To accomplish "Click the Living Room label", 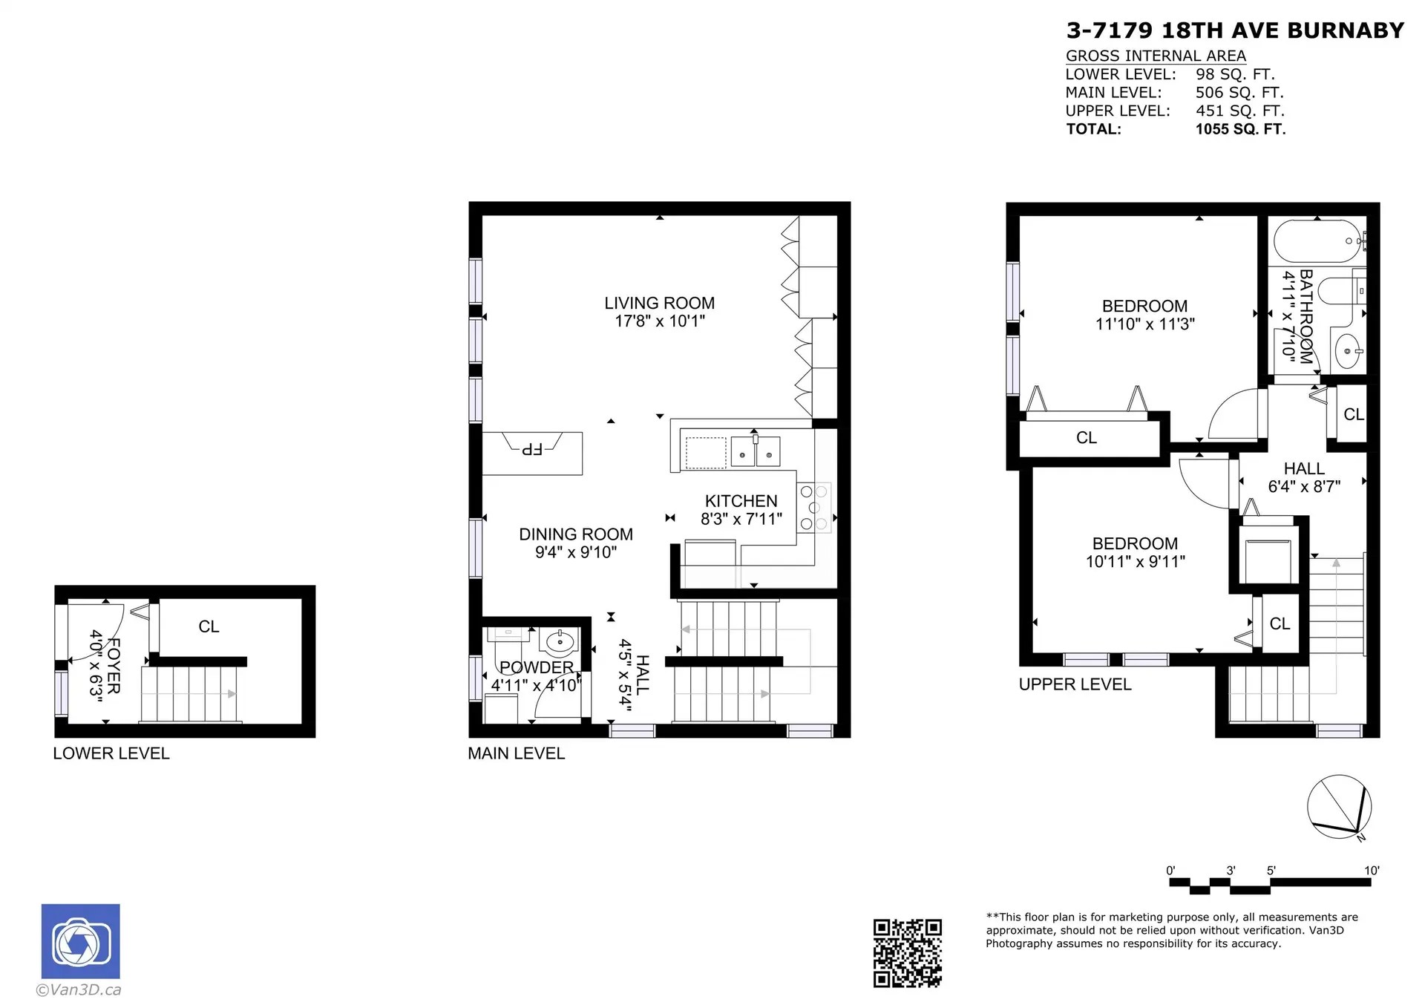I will tap(659, 304).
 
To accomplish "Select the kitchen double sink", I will tap(755, 452).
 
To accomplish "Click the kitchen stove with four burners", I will tap(813, 508).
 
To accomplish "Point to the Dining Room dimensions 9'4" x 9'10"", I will tap(575, 552).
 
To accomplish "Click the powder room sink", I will tap(560, 641).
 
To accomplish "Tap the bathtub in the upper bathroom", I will tap(1318, 241).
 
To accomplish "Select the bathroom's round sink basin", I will tap(1349, 351).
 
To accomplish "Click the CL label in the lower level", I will tap(209, 627).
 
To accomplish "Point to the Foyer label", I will tap(114, 666).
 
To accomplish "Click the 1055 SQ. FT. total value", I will tap(1240, 129).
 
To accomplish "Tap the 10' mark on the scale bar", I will tap(1371, 871).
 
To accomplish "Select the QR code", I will tap(907, 953).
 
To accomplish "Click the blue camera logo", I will tap(80, 941).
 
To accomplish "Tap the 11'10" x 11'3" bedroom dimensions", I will tap(1144, 324).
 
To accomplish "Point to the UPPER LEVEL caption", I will tap(1075, 685).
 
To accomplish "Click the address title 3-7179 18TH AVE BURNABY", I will tap(1235, 30).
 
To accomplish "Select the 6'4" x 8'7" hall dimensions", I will tap(1303, 487).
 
